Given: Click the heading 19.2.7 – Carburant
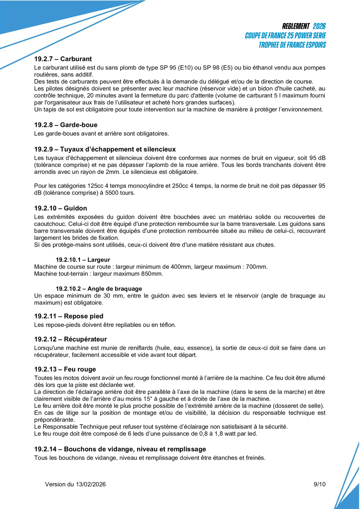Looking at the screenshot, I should [x=63, y=59].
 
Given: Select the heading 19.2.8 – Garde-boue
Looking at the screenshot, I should [x=66, y=125].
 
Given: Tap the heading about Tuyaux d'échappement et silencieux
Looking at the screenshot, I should [x=105, y=149].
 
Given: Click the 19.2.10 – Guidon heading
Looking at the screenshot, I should [x=61, y=208].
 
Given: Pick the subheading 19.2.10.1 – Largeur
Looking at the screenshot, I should [x=83, y=260].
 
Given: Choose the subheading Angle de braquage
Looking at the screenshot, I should [x=99, y=289].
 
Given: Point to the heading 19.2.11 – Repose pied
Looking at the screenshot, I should [x=69, y=316].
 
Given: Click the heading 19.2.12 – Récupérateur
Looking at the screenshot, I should [x=71, y=339].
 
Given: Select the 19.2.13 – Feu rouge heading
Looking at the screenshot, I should [x=65, y=369].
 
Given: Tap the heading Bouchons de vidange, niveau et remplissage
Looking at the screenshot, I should [x=120, y=449].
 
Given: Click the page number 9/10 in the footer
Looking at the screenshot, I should [x=320, y=484].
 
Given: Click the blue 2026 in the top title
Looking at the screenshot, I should [x=319, y=26].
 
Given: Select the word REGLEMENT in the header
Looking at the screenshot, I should [x=296, y=26].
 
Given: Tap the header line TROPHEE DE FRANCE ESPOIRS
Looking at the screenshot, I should [x=292, y=45].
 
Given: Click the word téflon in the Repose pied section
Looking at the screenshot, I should [x=167, y=325].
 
